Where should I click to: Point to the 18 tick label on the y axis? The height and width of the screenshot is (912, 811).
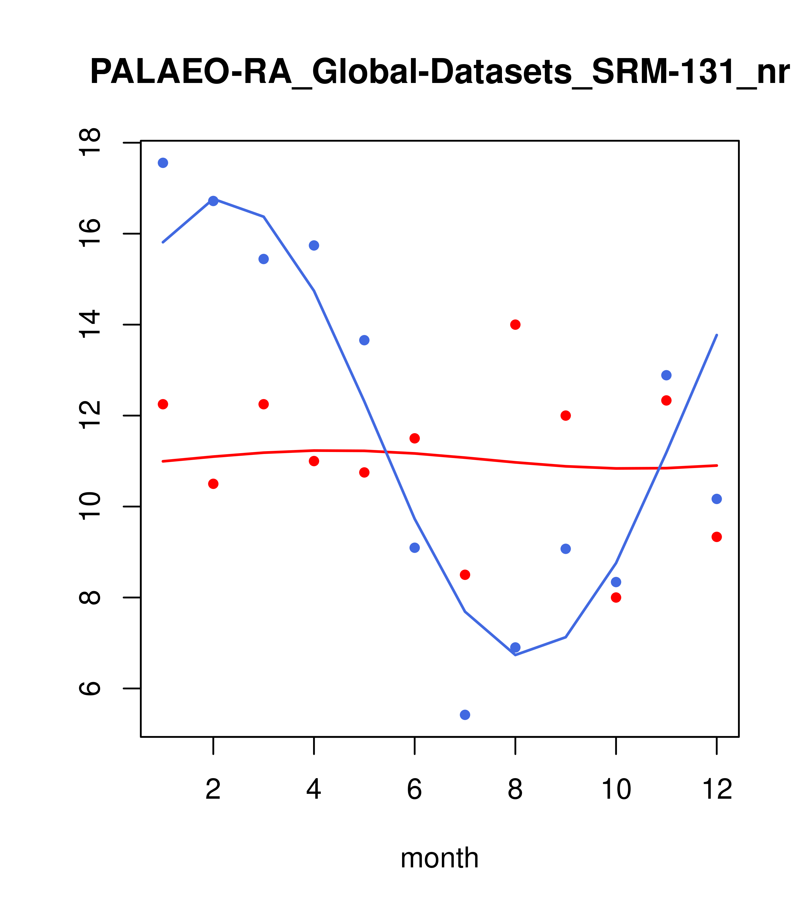[x=91, y=142]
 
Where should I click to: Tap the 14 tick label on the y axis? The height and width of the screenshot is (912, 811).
[x=91, y=324]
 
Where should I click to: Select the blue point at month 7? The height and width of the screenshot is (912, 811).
[x=465, y=715]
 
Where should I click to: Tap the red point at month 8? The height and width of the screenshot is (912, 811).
[x=515, y=324]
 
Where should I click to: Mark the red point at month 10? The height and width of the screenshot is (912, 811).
[x=616, y=597]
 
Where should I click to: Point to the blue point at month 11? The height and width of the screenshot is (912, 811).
[x=666, y=375]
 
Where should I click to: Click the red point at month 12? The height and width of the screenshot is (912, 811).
[x=717, y=537]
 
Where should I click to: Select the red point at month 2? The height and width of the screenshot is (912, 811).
[x=213, y=484]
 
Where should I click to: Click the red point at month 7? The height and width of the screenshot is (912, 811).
[x=465, y=575]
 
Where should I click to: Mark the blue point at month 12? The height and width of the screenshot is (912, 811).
[x=717, y=499]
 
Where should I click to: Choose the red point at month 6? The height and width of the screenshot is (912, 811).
[x=415, y=438]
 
